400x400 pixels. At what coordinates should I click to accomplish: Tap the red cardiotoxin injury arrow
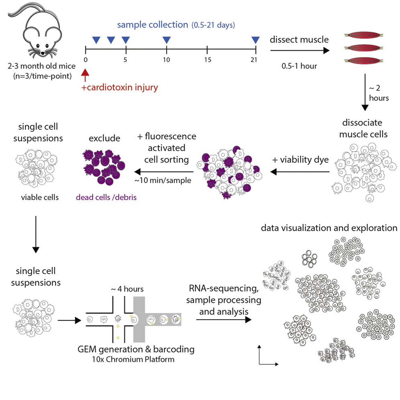coord(85,75)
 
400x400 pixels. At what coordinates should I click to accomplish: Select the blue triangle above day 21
coord(255,40)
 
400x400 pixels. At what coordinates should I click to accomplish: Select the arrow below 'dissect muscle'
coord(300,51)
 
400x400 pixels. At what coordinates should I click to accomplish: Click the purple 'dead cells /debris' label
coord(105,198)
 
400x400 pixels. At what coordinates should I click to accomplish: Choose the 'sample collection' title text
coord(153,25)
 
